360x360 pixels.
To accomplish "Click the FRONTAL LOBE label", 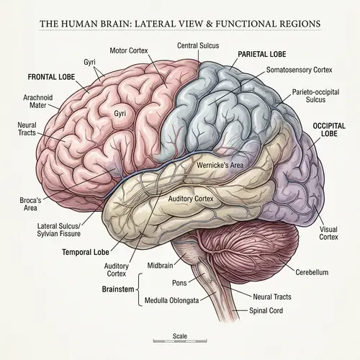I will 52,76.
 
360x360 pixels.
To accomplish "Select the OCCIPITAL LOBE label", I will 330,129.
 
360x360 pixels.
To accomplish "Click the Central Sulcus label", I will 199,45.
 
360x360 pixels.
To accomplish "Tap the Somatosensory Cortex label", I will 299,70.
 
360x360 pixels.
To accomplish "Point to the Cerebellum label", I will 312,273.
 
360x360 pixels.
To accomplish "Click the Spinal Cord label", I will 266,311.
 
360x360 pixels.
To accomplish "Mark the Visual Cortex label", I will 328,234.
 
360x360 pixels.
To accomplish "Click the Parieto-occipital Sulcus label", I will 312,96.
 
